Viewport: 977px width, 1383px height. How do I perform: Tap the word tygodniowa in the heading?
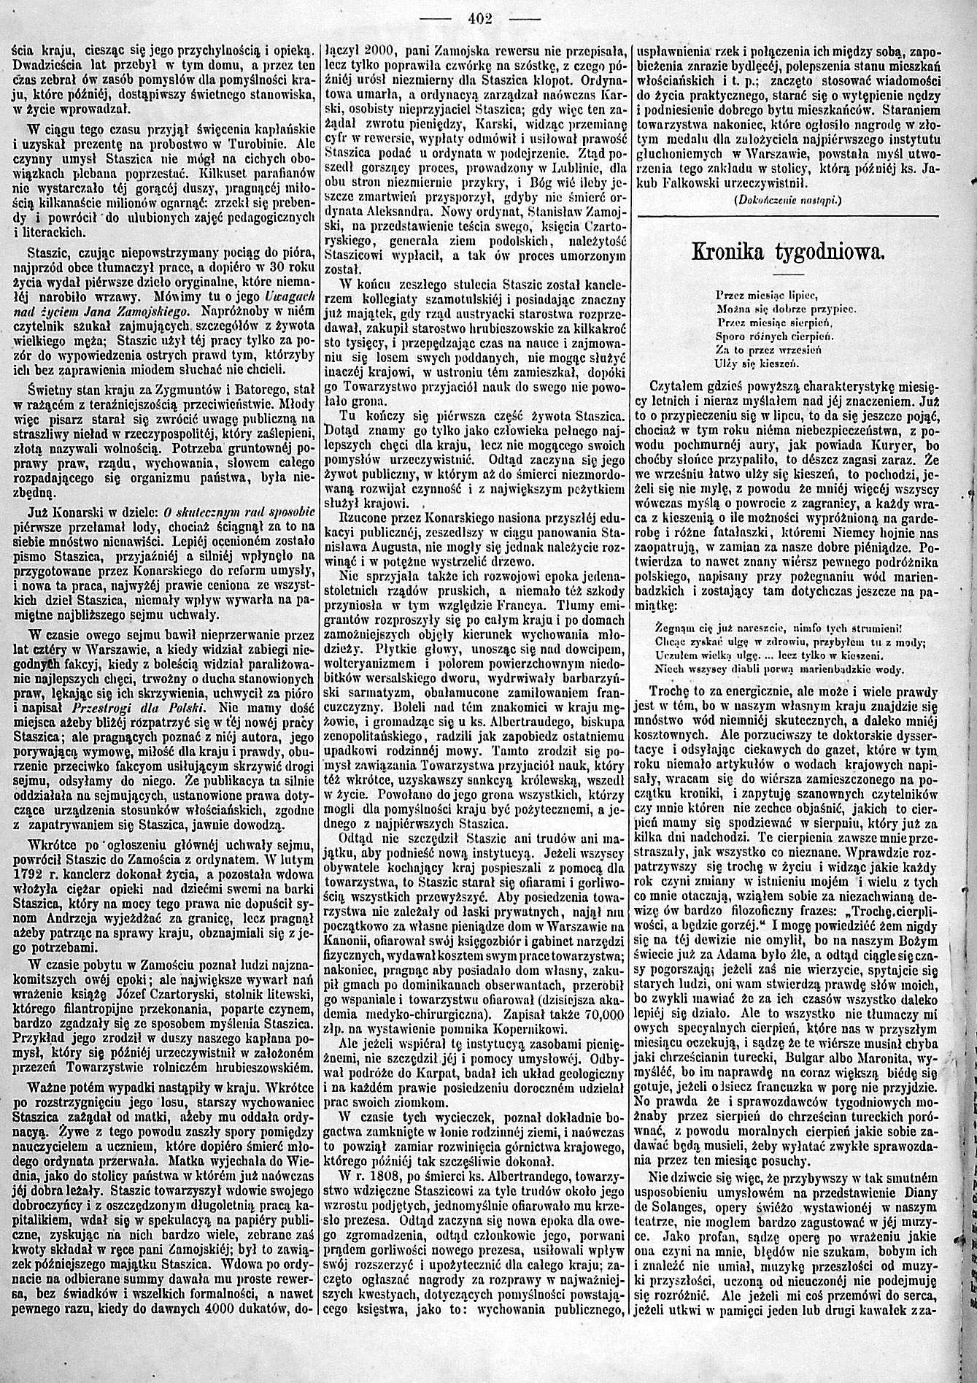[x=830, y=253]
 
